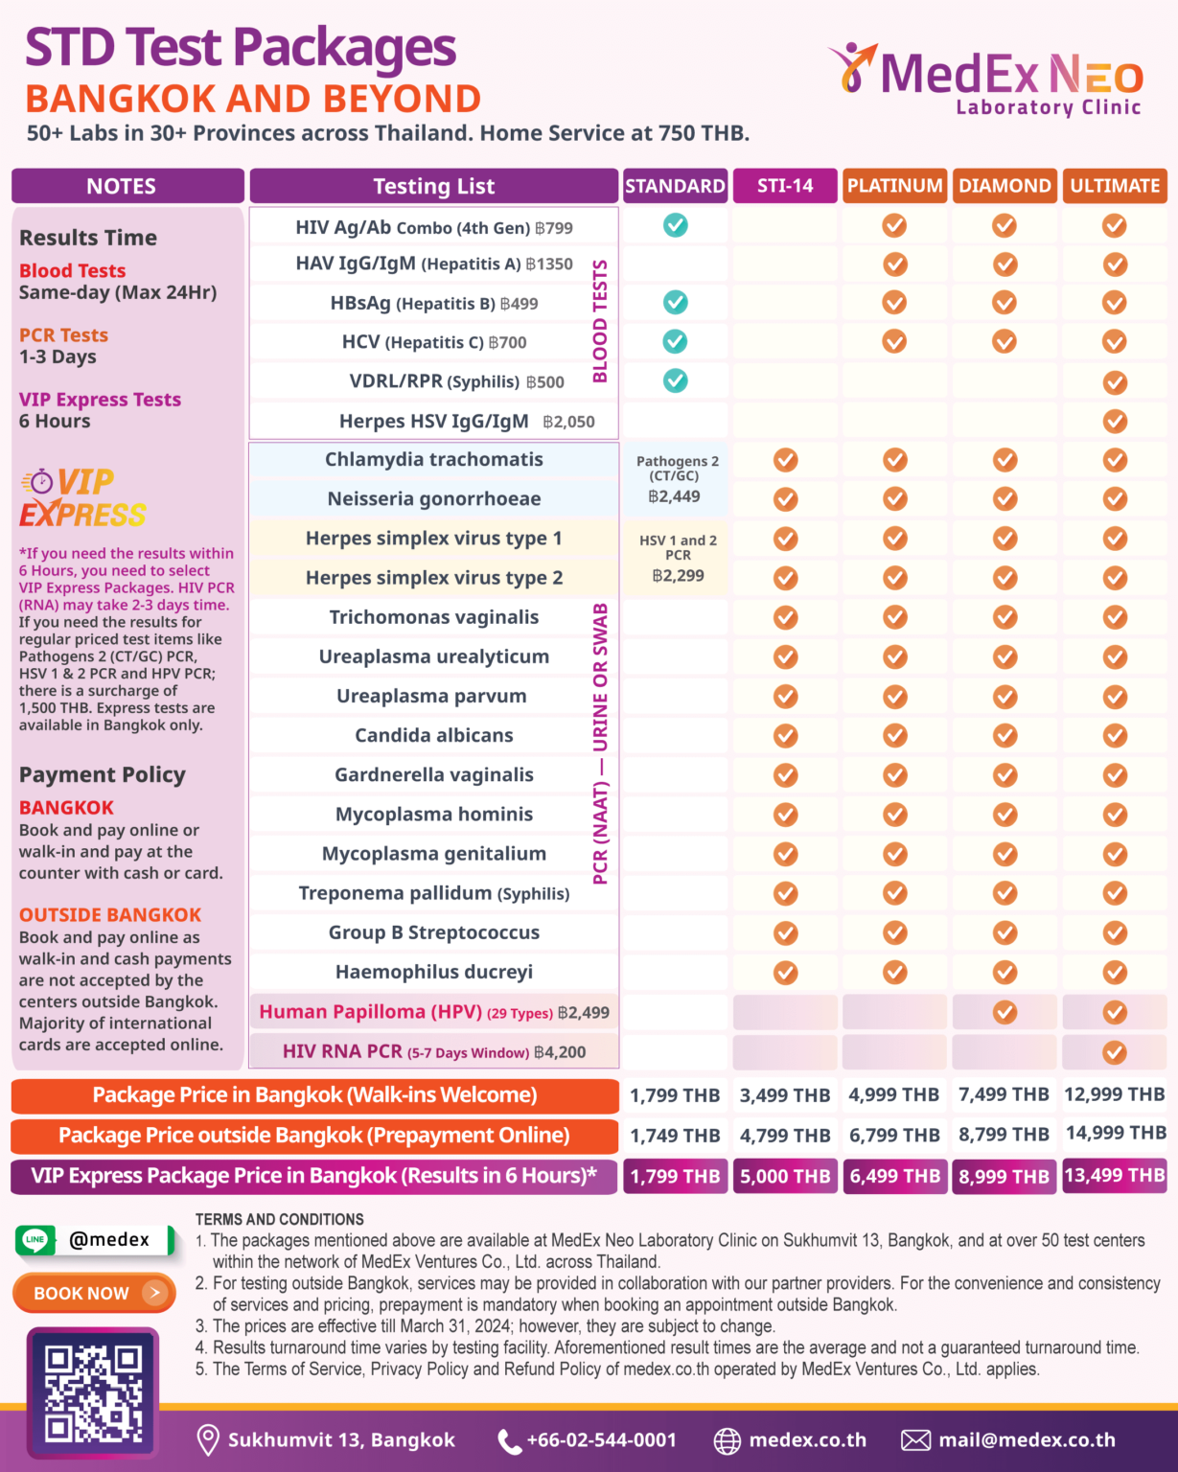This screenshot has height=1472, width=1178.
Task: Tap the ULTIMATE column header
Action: click(1115, 186)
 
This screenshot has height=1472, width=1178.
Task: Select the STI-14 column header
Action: click(785, 186)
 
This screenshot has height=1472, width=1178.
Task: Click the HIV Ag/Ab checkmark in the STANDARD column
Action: click(676, 225)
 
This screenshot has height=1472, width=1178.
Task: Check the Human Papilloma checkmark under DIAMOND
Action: click(1005, 1012)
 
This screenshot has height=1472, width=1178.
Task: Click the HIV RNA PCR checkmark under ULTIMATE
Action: click(1115, 1052)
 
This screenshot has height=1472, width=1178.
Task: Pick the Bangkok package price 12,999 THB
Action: click(1115, 1094)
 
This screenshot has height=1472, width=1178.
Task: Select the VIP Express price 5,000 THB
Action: click(785, 1176)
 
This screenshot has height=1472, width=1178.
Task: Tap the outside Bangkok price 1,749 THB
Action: click(675, 1136)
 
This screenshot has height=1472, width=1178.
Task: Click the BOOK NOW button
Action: click(94, 1293)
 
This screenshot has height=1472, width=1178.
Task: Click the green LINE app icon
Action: click(35, 1239)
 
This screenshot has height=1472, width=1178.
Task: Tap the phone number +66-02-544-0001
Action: click(601, 1439)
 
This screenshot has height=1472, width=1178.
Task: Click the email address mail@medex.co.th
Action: click(1027, 1439)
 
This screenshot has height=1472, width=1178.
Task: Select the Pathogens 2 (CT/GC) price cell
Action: click(677, 479)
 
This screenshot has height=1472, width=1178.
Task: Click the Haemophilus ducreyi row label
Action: click(433, 972)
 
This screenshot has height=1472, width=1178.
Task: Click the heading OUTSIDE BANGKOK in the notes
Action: click(110, 914)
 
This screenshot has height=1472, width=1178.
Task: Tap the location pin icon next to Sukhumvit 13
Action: click(207, 1439)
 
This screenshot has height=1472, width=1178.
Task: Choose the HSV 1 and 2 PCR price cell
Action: click(678, 559)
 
